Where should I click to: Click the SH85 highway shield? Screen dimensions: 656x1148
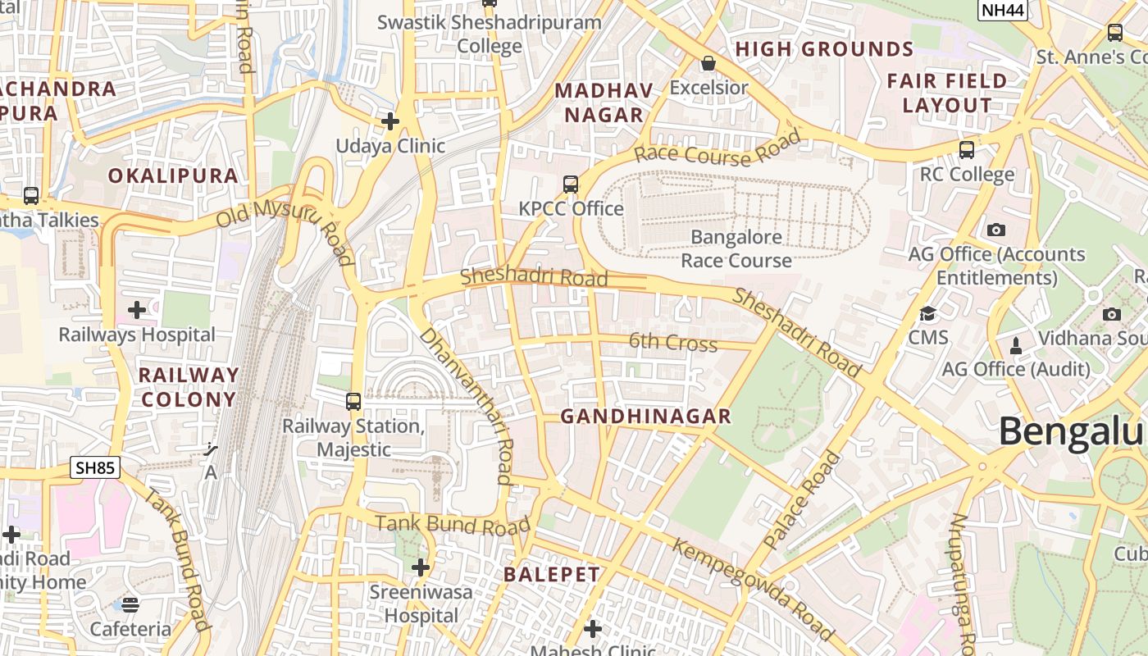[x=95, y=468]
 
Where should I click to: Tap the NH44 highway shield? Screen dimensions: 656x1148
[x=1003, y=10]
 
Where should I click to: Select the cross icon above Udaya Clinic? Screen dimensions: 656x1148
[x=390, y=121]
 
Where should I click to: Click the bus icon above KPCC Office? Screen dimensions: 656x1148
[x=571, y=184]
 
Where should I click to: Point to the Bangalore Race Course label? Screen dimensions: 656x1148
[x=736, y=249]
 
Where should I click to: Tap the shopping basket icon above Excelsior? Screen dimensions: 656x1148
[x=708, y=63]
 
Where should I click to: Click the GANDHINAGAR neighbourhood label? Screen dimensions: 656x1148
[x=645, y=417]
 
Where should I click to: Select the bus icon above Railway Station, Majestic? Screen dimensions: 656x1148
[x=353, y=402]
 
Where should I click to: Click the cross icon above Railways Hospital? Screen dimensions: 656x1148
[x=137, y=310]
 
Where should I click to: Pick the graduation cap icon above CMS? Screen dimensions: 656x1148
[x=927, y=313]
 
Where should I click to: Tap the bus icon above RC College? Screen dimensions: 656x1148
[x=967, y=150]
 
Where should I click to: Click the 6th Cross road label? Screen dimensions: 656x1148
[x=673, y=342]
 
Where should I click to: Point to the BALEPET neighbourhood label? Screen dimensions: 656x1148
[x=552, y=574]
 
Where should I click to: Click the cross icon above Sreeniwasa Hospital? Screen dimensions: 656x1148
[x=421, y=567]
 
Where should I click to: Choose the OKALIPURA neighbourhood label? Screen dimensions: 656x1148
[x=173, y=175]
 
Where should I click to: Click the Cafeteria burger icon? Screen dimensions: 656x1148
[x=130, y=605]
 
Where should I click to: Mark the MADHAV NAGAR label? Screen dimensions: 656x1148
[x=604, y=102]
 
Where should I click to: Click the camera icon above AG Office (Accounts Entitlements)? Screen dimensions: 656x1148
[x=996, y=230]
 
